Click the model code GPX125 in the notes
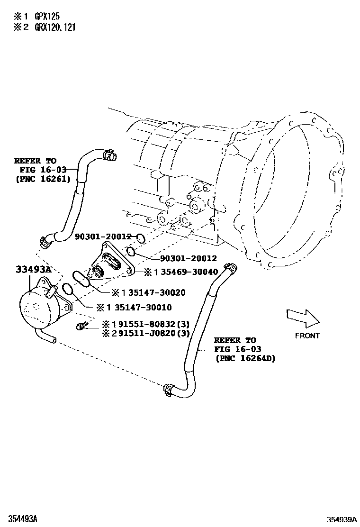(46, 16)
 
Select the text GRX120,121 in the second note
(54, 27)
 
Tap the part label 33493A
(33, 270)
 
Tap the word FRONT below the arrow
(307, 336)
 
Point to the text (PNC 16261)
(43, 179)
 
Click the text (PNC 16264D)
(245, 358)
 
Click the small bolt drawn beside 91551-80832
(82, 326)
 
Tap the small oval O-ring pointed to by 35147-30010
(68, 290)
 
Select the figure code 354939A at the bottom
(341, 519)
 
